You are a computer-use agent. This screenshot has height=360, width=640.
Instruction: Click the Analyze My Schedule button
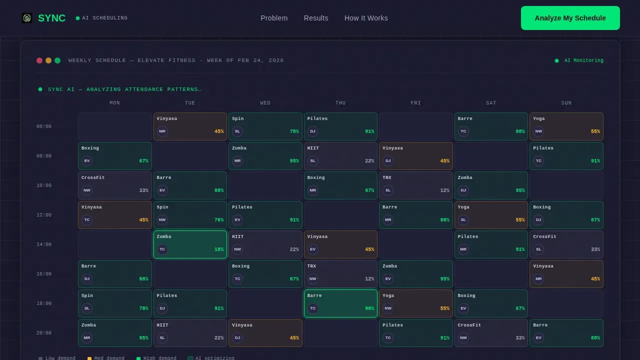coord(570,18)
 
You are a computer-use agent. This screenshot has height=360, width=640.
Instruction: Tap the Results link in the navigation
coord(316,18)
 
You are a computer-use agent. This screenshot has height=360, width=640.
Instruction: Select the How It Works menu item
coord(366,18)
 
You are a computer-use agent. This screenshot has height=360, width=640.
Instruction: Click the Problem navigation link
coord(274,18)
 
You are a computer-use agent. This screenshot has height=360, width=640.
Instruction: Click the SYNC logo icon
coord(27,18)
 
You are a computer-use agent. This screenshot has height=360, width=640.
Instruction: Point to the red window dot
coord(39,60)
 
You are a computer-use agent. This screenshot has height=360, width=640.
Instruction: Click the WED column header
coord(265,103)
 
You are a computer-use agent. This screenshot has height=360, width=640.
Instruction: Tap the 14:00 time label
coord(44,244)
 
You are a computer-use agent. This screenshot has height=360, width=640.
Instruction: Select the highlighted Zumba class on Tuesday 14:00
coord(190,244)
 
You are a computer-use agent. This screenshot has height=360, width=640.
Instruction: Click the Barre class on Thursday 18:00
coord(340,303)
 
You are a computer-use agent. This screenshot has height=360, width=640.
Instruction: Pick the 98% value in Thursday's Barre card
coord(369,308)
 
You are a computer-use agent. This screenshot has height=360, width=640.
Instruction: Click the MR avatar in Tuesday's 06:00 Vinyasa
coord(162,131)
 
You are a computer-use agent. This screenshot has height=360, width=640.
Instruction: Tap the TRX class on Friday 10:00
coord(415,185)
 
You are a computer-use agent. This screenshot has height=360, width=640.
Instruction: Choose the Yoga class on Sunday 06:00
coord(566,126)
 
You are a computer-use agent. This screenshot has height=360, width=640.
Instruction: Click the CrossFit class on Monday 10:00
coord(115,185)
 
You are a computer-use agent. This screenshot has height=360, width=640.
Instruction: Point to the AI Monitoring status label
coord(583,60)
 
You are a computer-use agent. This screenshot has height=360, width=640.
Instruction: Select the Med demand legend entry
coord(106,358)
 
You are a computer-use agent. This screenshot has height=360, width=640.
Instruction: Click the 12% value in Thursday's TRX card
coord(369,279)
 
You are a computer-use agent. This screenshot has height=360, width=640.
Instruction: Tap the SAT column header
coord(491,103)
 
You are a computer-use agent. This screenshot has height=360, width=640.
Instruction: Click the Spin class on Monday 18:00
coord(115,303)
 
